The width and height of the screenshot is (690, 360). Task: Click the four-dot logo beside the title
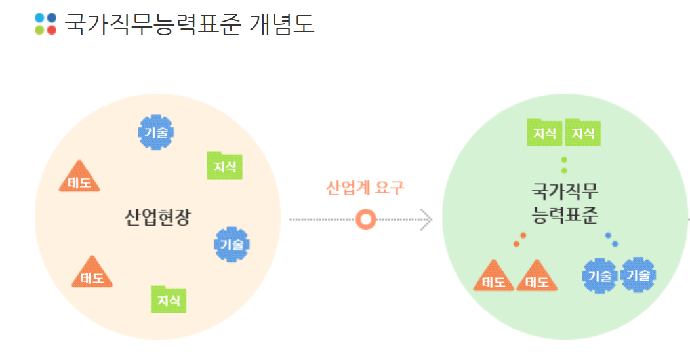point(46,24)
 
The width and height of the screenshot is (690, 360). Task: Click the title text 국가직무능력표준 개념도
point(189,24)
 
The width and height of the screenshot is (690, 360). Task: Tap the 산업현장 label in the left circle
point(157,217)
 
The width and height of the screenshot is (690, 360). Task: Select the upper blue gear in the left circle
point(156,132)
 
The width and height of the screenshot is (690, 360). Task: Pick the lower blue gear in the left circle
point(232,245)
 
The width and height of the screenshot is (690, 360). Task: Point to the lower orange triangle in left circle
point(92,273)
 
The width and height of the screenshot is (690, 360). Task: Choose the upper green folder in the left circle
point(224,166)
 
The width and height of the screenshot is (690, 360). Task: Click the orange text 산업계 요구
point(365,188)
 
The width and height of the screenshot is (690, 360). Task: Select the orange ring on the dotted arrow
point(365,219)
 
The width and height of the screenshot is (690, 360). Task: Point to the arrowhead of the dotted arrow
point(427,219)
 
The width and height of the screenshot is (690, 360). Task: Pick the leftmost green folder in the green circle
point(545,132)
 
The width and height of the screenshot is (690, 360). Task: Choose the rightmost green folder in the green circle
point(583,132)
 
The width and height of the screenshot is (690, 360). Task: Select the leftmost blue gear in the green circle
point(600,275)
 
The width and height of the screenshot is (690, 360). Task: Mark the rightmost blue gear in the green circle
point(638,274)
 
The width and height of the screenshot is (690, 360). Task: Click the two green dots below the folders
point(564,165)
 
